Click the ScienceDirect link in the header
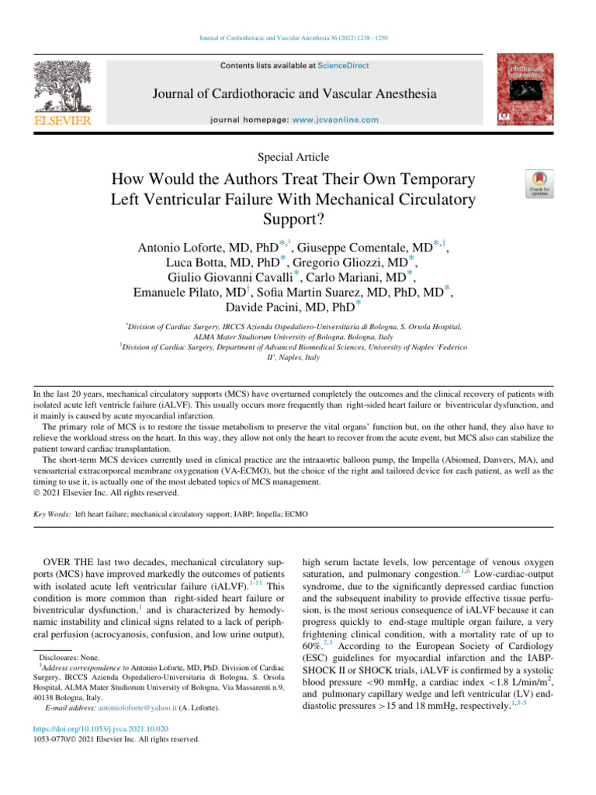point(346,65)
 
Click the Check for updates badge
point(539,185)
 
